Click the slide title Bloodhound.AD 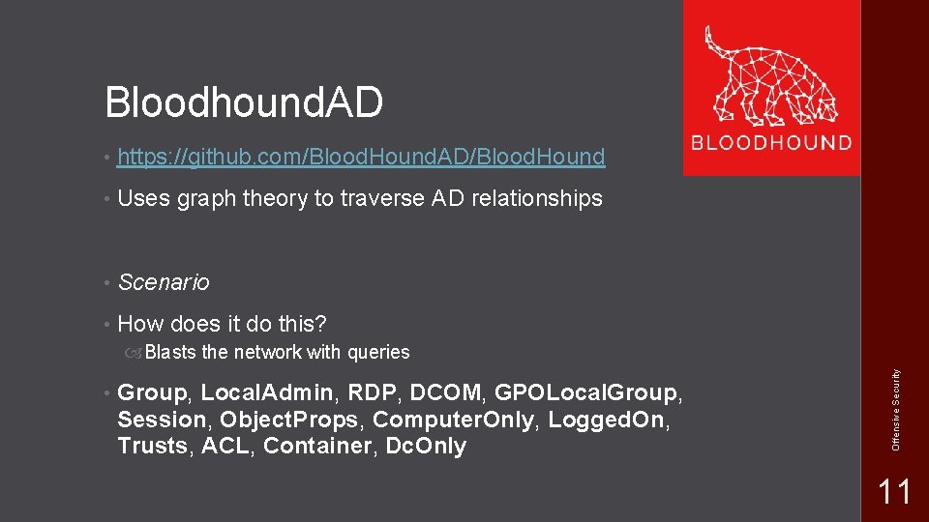pos(244,102)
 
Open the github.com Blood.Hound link pos(361,157)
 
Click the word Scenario pos(163,282)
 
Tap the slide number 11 pos(893,492)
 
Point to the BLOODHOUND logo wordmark pos(771,143)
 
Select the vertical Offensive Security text pos(896,406)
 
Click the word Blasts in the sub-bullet pos(170,353)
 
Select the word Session pos(162,420)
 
